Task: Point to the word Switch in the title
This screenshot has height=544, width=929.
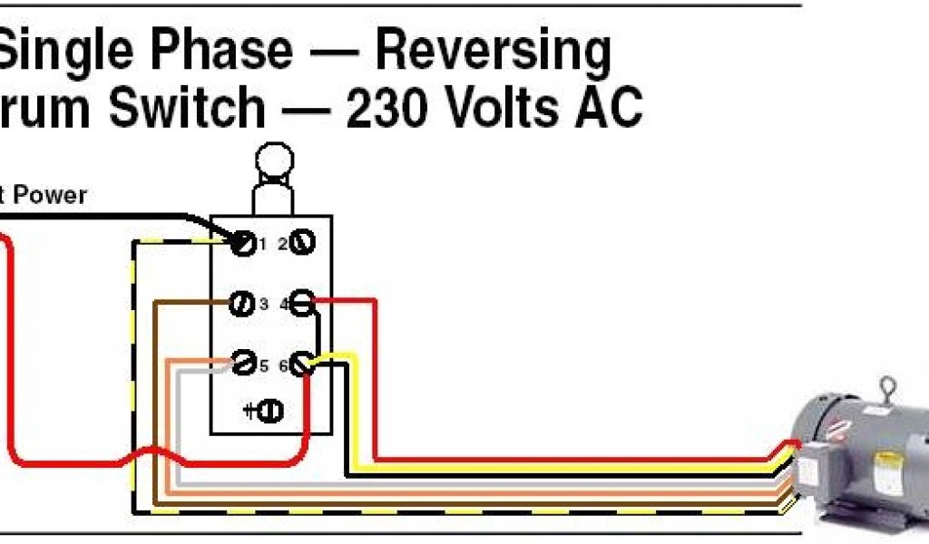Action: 187,109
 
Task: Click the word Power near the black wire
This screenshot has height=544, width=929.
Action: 50,194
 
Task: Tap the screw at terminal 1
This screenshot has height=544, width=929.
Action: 243,243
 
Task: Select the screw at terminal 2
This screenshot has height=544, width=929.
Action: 302,242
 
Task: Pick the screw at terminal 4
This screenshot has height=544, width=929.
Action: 302,303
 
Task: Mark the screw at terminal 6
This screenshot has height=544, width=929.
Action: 302,364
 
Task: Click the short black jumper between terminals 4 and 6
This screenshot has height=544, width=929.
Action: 318,331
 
